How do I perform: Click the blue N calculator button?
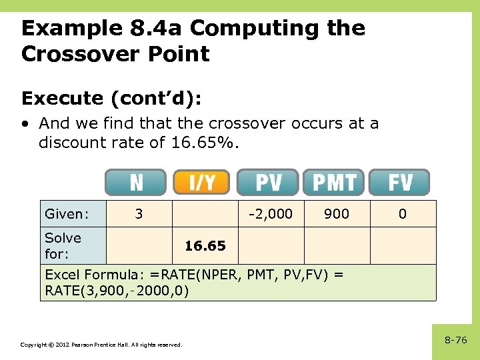[x=135, y=182]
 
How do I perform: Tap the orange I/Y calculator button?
[x=201, y=182]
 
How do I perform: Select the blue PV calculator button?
[x=268, y=182]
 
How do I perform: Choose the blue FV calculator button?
[x=399, y=182]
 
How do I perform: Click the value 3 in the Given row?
[x=139, y=214]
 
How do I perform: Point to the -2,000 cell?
[x=270, y=214]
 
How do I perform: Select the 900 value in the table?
[x=336, y=214]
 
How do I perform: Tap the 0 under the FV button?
[x=402, y=214]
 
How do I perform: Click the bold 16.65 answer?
[x=205, y=246]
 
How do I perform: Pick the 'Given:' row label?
[x=67, y=214]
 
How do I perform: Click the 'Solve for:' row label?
[x=63, y=246]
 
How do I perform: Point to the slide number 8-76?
[x=455, y=340]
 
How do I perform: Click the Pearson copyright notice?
[x=101, y=345]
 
